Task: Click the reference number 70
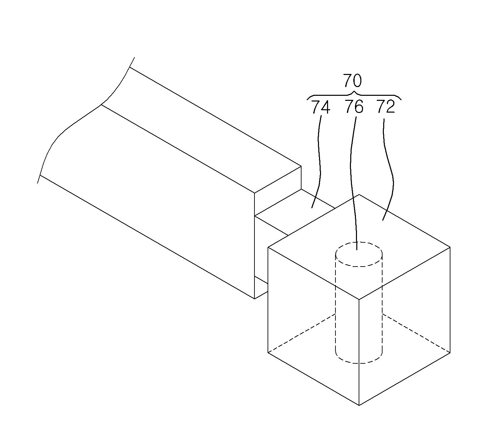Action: coord(352,80)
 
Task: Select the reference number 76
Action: coord(354,107)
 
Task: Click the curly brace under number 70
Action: coord(354,95)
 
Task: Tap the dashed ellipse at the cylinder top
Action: coord(359,254)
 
